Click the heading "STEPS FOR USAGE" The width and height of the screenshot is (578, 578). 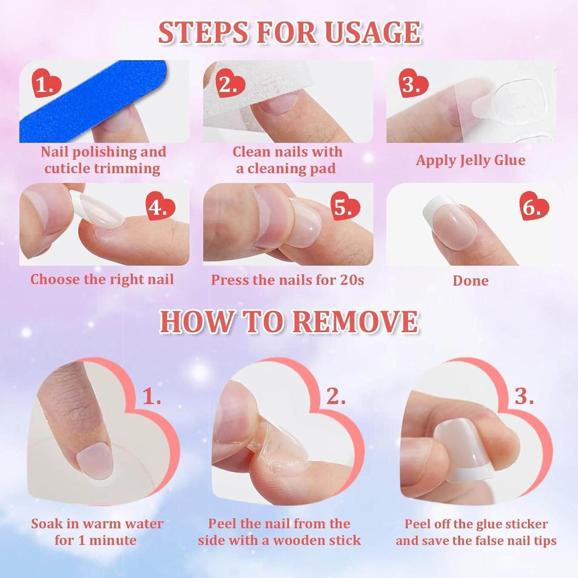click(289, 33)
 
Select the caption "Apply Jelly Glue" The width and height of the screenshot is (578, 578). click(470, 160)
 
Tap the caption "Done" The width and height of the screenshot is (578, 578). click(470, 281)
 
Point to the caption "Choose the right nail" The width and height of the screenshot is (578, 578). click(102, 279)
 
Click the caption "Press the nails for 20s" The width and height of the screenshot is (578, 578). click(287, 280)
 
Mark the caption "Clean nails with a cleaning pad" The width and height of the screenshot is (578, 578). click(287, 160)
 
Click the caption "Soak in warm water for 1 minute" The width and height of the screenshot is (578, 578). click(97, 532)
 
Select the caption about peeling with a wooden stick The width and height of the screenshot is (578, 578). click(279, 532)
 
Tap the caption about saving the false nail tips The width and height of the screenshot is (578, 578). click(476, 532)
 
